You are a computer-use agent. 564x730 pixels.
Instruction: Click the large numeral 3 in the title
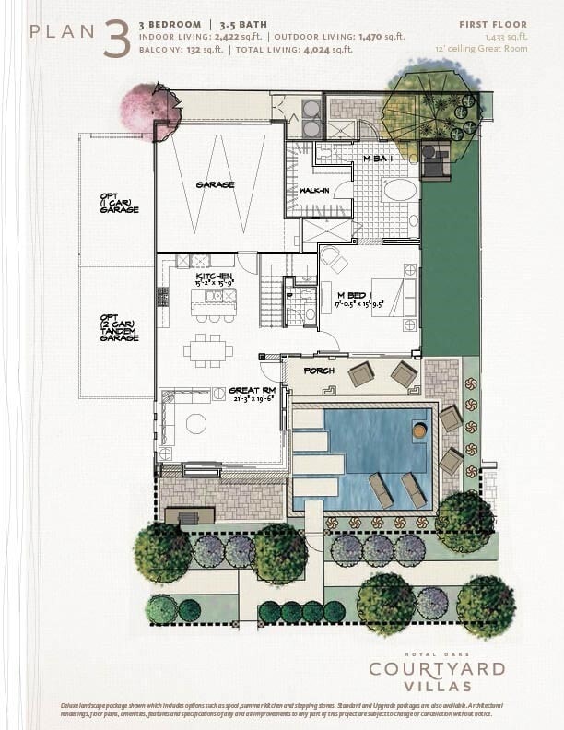click(x=117, y=39)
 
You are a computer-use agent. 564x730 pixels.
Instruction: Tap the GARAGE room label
click(x=215, y=184)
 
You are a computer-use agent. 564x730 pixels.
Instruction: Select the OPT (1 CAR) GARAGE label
click(x=119, y=203)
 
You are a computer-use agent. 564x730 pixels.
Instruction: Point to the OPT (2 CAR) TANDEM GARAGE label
click(x=119, y=327)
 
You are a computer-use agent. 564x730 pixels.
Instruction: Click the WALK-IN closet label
click(x=316, y=191)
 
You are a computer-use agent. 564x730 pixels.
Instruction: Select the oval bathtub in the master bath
click(x=399, y=191)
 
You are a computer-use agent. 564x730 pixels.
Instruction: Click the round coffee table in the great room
click(x=196, y=423)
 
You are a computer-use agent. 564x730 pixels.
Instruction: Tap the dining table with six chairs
click(x=207, y=350)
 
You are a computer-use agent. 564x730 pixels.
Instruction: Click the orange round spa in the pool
click(x=419, y=430)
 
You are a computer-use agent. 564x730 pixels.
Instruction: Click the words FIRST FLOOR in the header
click(x=493, y=24)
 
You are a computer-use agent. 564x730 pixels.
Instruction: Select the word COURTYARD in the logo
click(x=437, y=668)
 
